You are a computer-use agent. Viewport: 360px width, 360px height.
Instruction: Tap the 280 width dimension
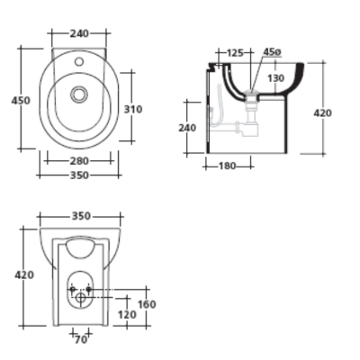pos(79,161)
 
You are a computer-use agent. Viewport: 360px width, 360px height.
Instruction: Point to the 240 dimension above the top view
pos(79,33)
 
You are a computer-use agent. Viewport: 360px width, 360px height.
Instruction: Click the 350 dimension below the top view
pos(79,175)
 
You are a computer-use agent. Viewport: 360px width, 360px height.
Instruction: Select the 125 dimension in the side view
pos(236,53)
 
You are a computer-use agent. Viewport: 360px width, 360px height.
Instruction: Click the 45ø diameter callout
pos(273,53)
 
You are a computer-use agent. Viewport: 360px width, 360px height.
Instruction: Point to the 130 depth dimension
pos(274,78)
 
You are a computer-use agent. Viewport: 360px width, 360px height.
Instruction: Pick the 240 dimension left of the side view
pos(187,128)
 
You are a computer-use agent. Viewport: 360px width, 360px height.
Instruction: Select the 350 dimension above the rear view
pos(81,217)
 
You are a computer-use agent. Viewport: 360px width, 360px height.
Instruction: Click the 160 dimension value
pos(146,304)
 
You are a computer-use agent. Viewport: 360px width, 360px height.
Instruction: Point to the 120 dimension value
pos(126,315)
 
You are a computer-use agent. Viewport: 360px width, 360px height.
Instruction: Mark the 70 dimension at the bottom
pos(81,339)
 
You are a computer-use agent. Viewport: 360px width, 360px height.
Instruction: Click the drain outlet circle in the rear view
pos(81,295)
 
